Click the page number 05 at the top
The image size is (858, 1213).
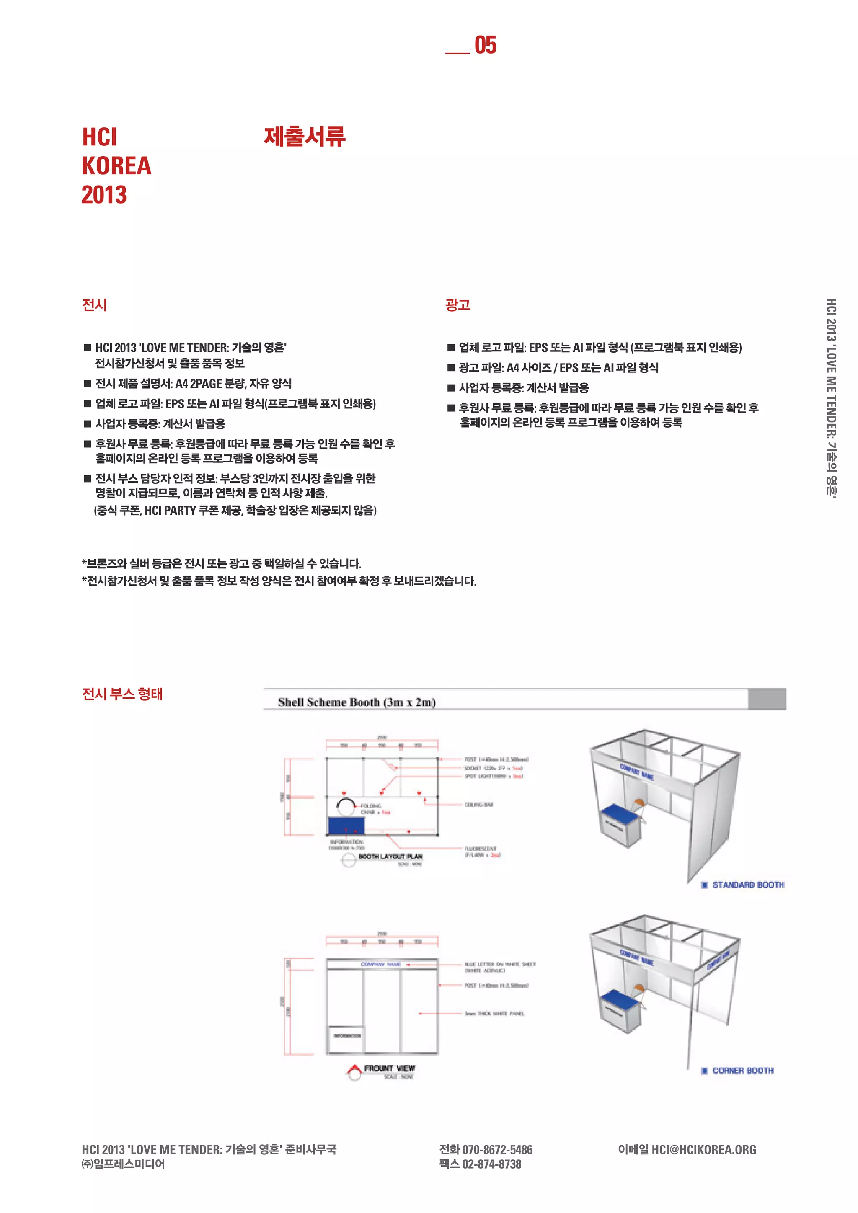click(485, 45)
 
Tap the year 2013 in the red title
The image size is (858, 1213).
click(104, 194)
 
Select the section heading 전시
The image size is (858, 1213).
click(95, 305)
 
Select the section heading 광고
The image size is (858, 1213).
click(457, 305)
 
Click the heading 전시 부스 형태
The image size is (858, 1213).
click(122, 694)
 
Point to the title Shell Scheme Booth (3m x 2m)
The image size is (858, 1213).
click(357, 702)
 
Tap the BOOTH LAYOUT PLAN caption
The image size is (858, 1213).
click(390, 857)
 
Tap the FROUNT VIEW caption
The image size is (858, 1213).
click(389, 1068)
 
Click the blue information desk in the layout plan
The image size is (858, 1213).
click(346, 825)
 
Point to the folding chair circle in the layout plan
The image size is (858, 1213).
click(346, 806)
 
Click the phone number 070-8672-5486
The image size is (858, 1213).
click(497, 1150)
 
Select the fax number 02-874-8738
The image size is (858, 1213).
click(491, 1164)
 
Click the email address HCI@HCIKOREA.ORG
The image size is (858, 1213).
click(703, 1150)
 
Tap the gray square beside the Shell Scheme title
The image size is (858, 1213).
click(767, 699)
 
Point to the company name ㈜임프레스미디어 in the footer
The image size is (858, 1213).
click(123, 1164)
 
